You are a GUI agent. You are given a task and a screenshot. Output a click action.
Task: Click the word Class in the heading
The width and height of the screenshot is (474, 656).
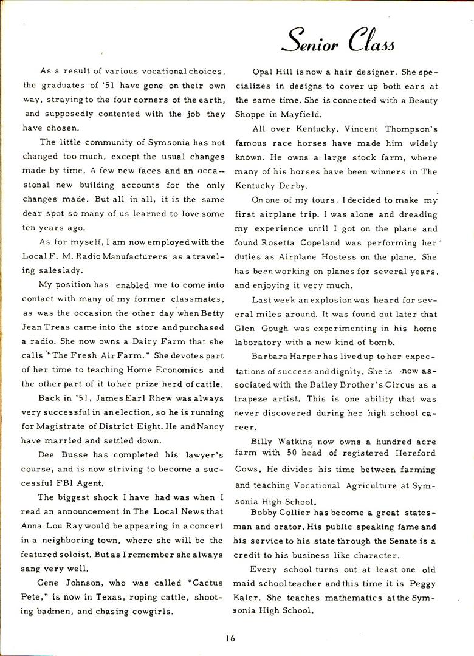(x=371, y=43)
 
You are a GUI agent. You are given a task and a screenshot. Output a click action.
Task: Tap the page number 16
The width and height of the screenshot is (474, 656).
(x=229, y=638)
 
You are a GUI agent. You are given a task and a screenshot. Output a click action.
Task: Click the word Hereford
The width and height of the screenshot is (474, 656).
(x=416, y=456)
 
